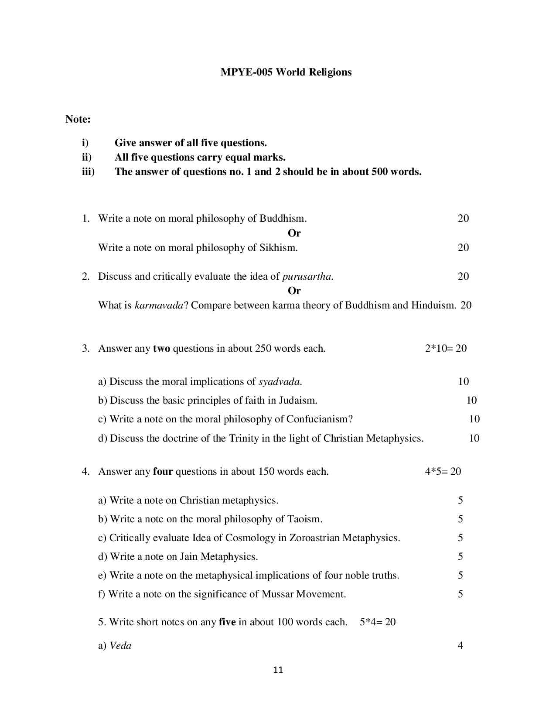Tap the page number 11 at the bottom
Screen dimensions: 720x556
278,670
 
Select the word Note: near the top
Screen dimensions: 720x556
78,119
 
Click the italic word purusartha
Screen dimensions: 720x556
307,277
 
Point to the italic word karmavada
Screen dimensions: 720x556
159,305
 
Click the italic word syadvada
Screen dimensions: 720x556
280,382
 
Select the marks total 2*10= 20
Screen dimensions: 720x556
446,348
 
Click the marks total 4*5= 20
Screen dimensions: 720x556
443,471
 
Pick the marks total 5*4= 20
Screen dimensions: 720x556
378,622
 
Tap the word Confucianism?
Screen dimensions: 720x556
319,419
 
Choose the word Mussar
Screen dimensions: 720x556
277,594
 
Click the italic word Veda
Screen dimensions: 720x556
120,646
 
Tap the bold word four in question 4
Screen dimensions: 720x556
163,472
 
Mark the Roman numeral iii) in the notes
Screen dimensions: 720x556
88,172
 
